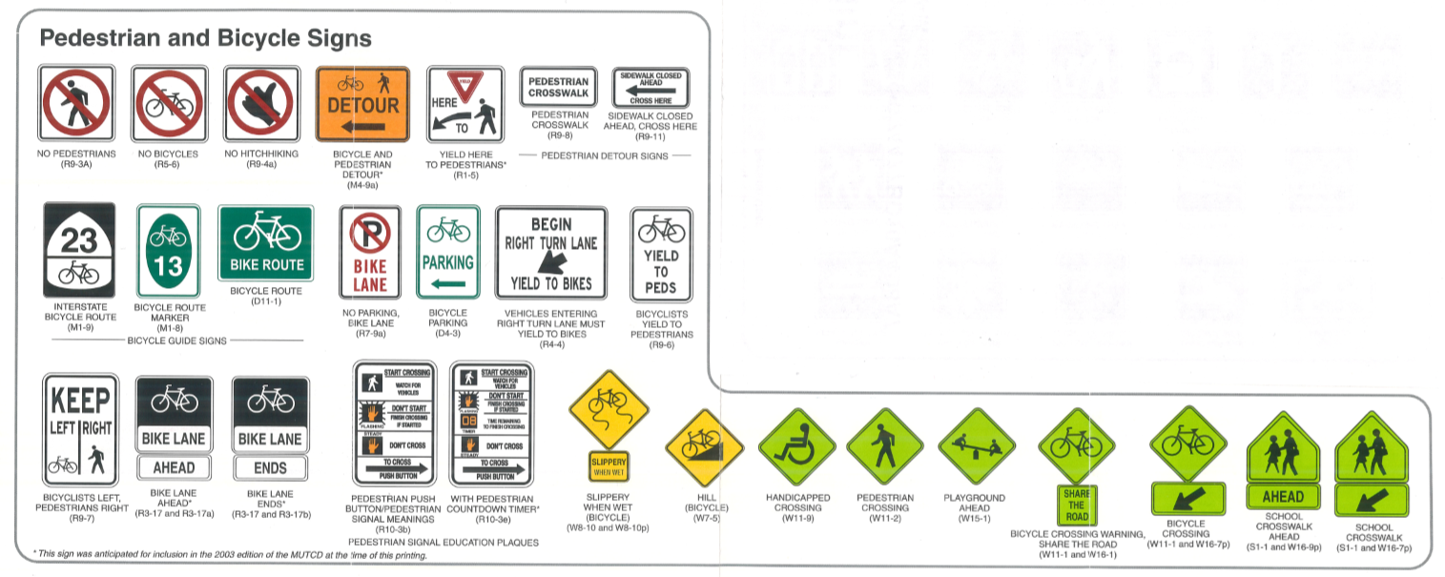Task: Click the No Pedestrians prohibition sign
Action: point(76,103)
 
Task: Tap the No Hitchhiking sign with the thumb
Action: point(261,103)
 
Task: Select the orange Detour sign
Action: point(362,103)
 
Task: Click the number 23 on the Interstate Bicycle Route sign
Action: point(78,239)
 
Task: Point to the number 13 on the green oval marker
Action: point(168,266)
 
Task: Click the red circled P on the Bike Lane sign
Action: point(370,234)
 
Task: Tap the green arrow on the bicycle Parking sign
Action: point(448,284)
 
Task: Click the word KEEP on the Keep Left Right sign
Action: point(81,400)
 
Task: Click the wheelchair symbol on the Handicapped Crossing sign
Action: point(795,445)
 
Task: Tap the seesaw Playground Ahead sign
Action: point(975,445)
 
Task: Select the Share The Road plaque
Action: point(1076,505)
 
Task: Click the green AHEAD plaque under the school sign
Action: point(1283,496)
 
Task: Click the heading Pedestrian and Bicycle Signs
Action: point(205,39)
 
